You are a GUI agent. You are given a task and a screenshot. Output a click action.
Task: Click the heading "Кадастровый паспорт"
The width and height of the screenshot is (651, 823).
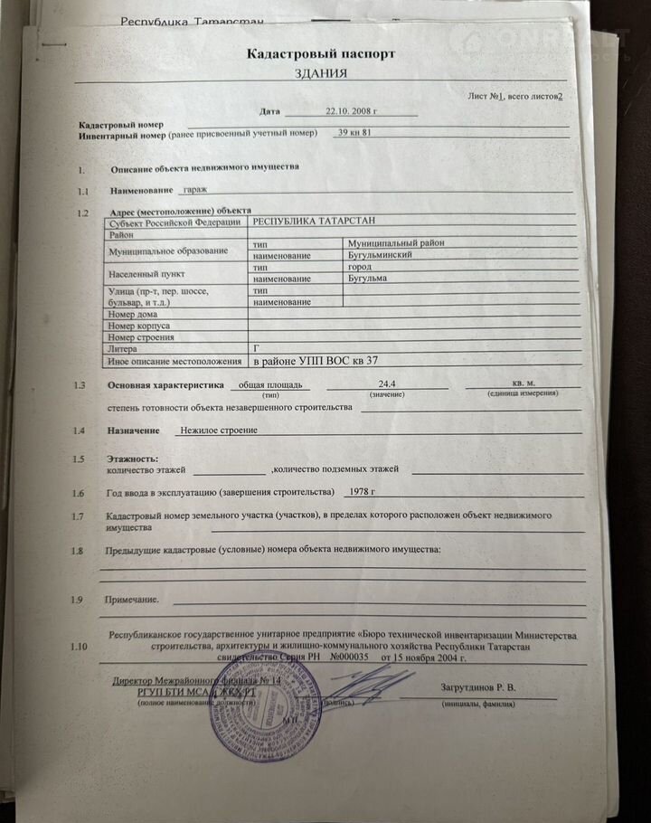321,54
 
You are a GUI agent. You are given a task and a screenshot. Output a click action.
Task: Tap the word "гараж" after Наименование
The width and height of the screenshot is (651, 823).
194,190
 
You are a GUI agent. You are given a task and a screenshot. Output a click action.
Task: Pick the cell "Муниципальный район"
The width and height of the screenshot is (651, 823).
396,242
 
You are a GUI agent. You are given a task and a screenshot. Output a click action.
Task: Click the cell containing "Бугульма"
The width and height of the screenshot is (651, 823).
368,278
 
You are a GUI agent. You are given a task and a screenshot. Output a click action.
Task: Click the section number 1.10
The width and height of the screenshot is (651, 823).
80,647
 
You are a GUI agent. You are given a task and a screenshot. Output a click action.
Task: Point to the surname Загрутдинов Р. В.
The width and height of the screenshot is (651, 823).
478,688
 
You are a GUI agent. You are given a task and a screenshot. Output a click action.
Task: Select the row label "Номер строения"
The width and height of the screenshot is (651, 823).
141,337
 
